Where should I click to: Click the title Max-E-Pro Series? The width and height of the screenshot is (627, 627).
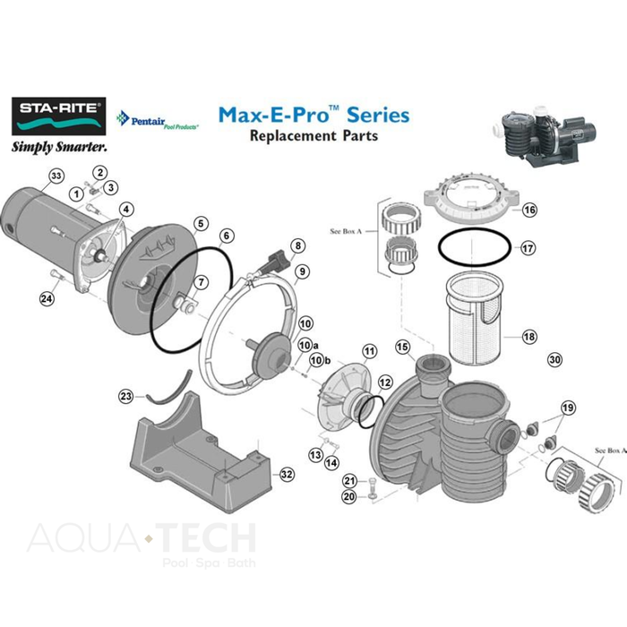click(x=313, y=115)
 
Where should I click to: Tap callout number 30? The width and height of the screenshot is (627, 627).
click(x=554, y=358)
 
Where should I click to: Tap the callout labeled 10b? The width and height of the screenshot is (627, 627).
click(x=315, y=360)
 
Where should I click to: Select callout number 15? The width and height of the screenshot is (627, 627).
click(x=402, y=347)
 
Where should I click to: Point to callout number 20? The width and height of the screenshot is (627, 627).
click(x=349, y=496)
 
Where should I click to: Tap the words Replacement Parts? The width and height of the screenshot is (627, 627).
click(x=313, y=136)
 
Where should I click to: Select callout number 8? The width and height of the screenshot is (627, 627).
click(x=298, y=245)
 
